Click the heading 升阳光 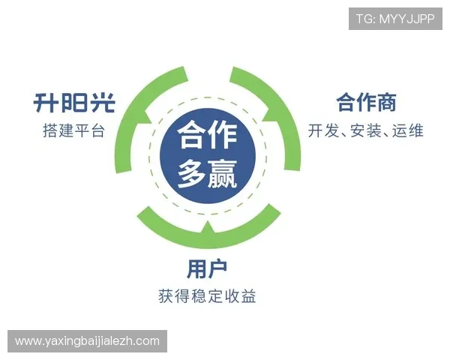(74, 102)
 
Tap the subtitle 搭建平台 (74, 130)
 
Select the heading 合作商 (366, 102)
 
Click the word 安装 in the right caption (366, 130)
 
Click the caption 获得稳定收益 (207, 296)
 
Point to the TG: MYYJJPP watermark (395, 18)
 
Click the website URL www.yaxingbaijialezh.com (87, 341)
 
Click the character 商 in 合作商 (386, 102)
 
